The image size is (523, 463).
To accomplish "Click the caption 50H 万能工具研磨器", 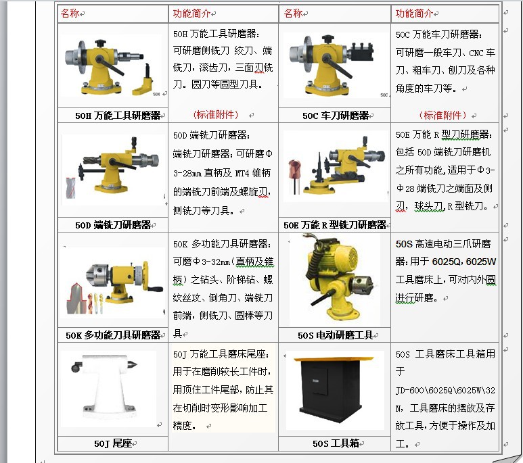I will [113, 116].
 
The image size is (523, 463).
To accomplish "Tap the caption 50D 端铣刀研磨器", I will [113, 225].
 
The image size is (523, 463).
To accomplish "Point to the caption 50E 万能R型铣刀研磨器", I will [335, 225].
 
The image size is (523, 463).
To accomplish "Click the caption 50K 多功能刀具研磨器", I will [113, 335].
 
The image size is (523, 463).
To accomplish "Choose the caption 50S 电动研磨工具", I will [335, 335].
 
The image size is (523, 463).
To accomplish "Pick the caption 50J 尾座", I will [113, 444].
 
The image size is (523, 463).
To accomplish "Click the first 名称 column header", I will [70, 14].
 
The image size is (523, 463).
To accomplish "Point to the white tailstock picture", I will [108, 388].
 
